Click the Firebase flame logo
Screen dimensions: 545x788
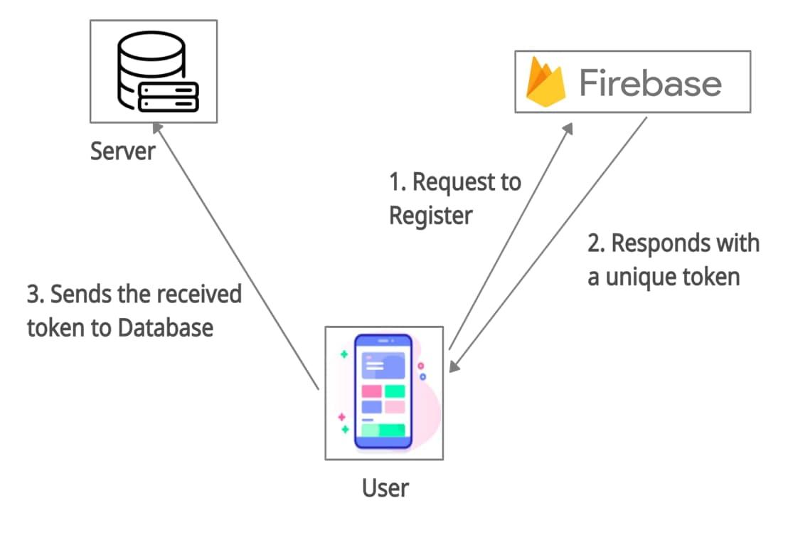coord(545,83)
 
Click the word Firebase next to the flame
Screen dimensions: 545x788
coord(650,83)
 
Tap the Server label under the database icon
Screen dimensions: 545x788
coord(122,151)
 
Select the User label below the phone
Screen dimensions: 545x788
coord(385,488)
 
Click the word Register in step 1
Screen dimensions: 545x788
coord(430,214)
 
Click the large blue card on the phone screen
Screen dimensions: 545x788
coord(383,365)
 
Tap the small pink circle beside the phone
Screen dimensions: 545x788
coord(420,366)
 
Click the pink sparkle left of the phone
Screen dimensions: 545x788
coord(341,416)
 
